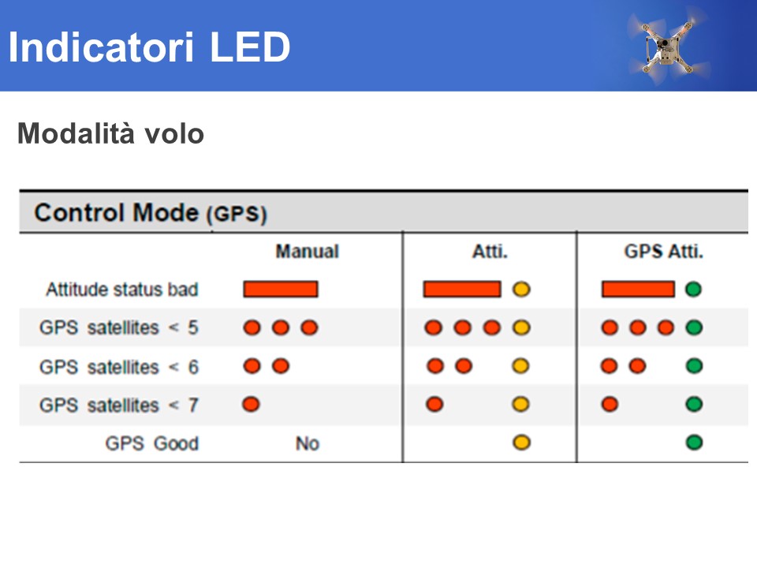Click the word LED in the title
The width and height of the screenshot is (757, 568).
tap(250, 47)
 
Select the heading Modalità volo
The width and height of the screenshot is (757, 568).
tap(110, 133)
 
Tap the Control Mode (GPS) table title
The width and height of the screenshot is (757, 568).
tap(151, 212)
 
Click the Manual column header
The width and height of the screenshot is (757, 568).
tap(307, 251)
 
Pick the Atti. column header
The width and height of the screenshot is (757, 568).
tap(490, 251)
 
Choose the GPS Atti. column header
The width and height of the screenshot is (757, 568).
tap(663, 251)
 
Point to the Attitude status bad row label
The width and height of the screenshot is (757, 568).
tap(122, 290)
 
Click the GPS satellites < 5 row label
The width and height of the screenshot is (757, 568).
tap(119, 327)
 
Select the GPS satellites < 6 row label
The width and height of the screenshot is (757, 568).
tap(119, 367)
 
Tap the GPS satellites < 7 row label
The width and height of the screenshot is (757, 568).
tap(119, 405)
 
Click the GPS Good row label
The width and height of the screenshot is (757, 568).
tap(152, 443)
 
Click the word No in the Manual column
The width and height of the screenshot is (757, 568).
tap(308, 443)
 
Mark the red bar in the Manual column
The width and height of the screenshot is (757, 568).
tap(281, 290)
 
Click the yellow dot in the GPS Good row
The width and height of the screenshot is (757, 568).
tap(521, 443)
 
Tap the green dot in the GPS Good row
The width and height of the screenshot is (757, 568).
tap(694, 443)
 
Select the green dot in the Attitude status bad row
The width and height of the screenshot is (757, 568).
tap(693, 290)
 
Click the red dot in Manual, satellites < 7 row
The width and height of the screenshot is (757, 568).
tap(251, 404)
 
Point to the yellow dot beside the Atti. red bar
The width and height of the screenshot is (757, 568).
tap(521, 290)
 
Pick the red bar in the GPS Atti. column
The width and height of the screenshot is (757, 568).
tap(638, 290)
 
